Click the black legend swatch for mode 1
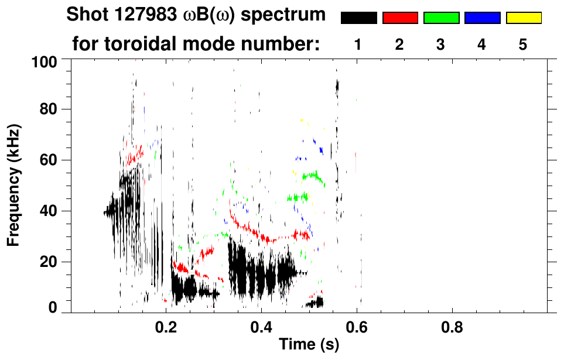tap(358, 18)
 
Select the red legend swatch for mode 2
tap(400, 18)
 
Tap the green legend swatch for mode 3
tap(441, 18)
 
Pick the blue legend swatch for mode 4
tap(482, 18)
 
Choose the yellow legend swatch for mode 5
tap(523, 18)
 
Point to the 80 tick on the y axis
tap(50, 109)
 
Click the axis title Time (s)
tap(309, 345)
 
